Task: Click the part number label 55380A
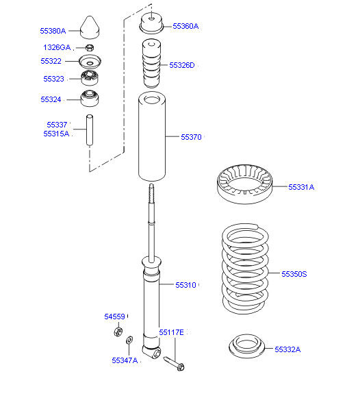coord(53,31)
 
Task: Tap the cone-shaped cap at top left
coord(90,27)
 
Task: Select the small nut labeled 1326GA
coord(90,48)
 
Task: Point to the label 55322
coord(51,61)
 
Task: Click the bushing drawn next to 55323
coord(90,77)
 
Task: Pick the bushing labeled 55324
coord(90,99)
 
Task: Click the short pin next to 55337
coord(90,129)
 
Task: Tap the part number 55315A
coord(56,134)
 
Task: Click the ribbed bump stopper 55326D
coord(152,64)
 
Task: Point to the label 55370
coord(191,137)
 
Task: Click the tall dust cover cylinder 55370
coord(152,136)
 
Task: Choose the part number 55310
coord(185,285)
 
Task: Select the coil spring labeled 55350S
coord(245,269)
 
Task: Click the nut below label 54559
coord(118,332)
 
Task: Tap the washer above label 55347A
coord(129,340)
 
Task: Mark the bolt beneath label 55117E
coord(174,363)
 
